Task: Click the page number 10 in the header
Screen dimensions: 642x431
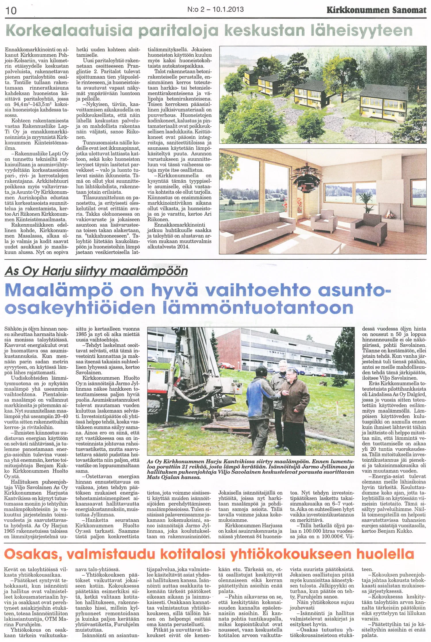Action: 11,11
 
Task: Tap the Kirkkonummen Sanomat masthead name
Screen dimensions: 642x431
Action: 376,10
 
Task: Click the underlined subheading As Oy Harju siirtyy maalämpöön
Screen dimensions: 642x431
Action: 96,271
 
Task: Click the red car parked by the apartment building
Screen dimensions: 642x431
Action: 227,366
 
